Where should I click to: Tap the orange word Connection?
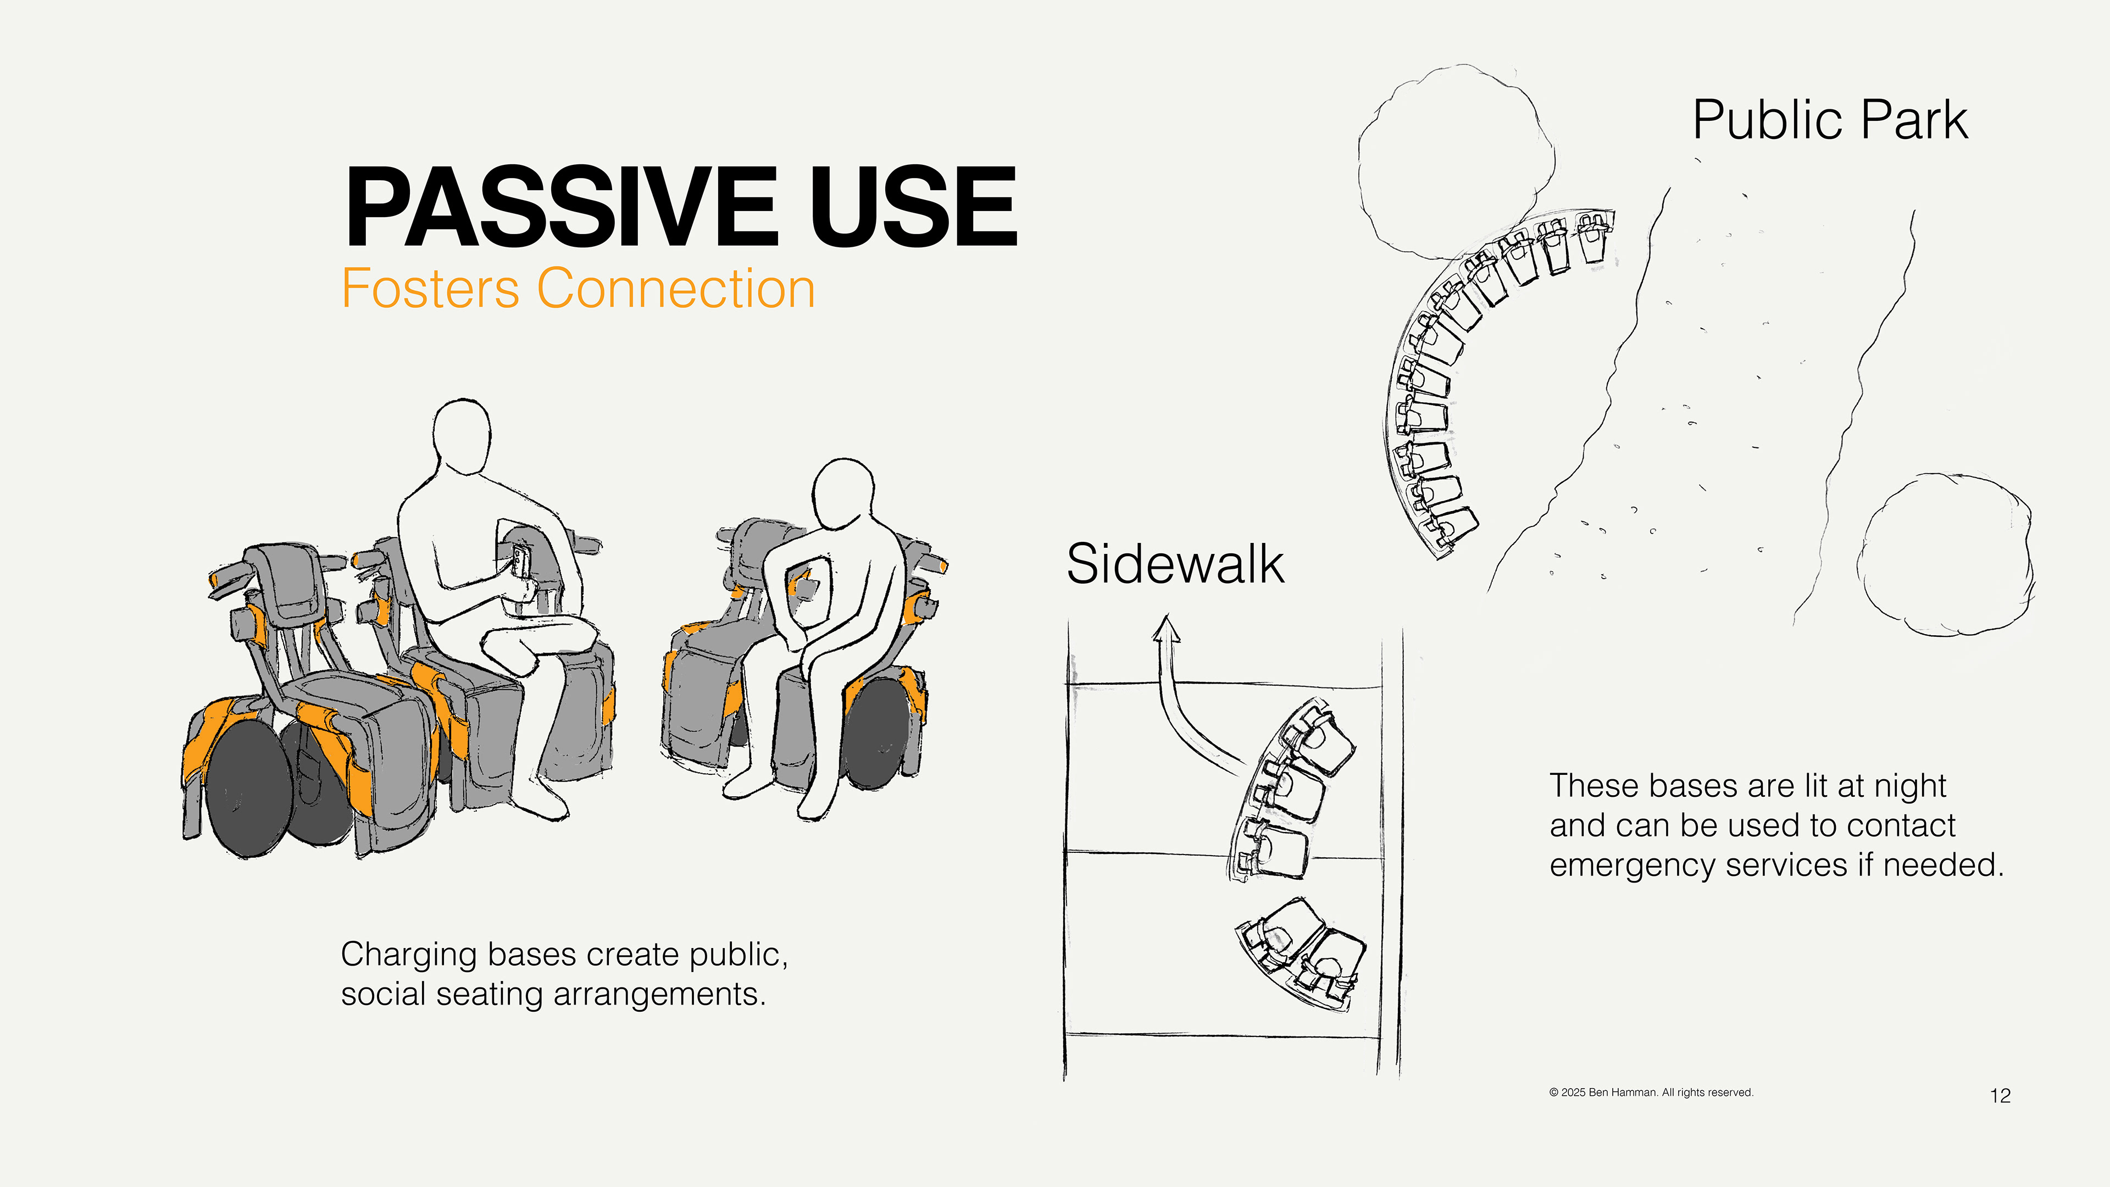(676, 289)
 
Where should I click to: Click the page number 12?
(2000, 1095)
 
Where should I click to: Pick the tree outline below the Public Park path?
(1947, 554)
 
